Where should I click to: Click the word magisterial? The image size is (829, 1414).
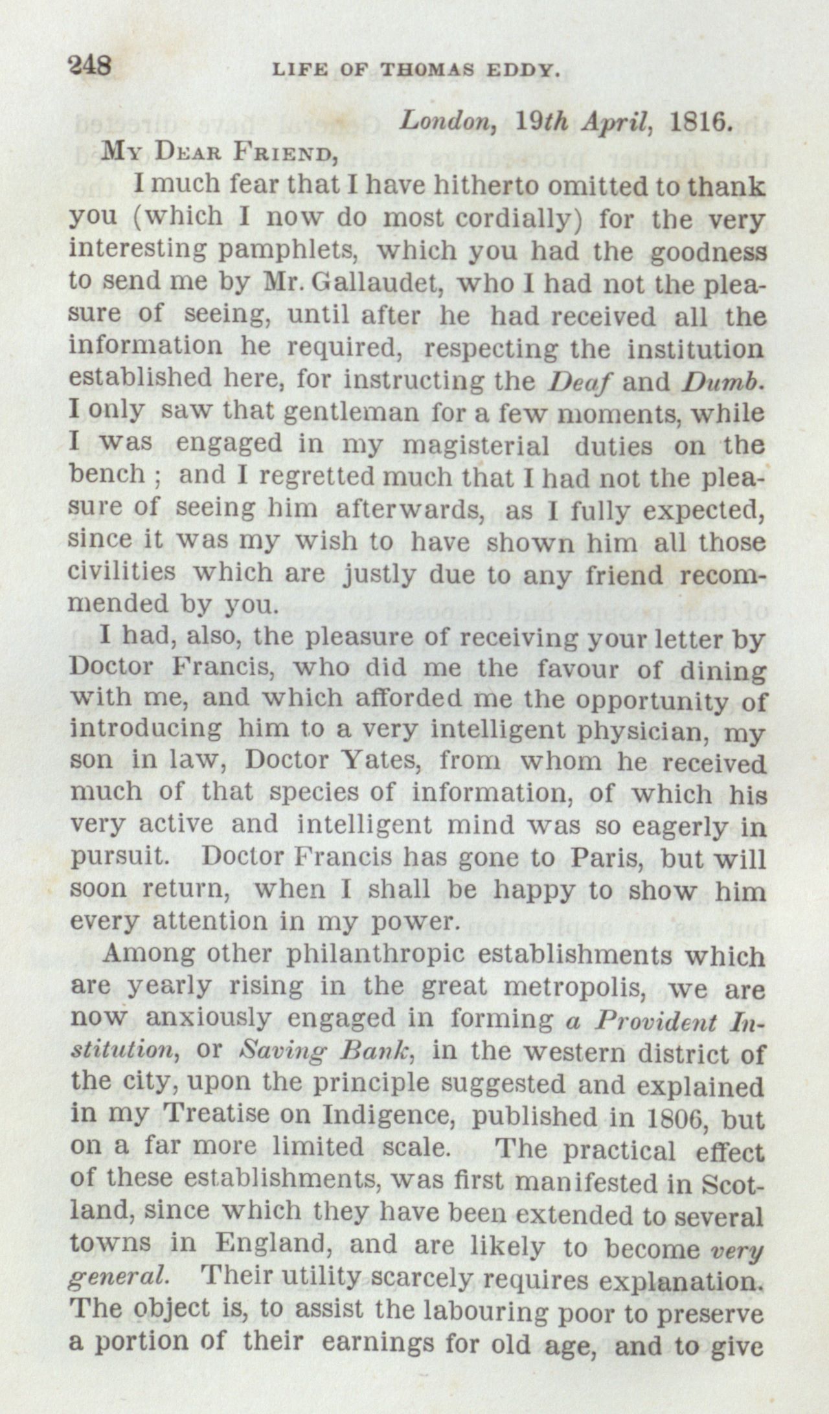[x=475, y=445]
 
